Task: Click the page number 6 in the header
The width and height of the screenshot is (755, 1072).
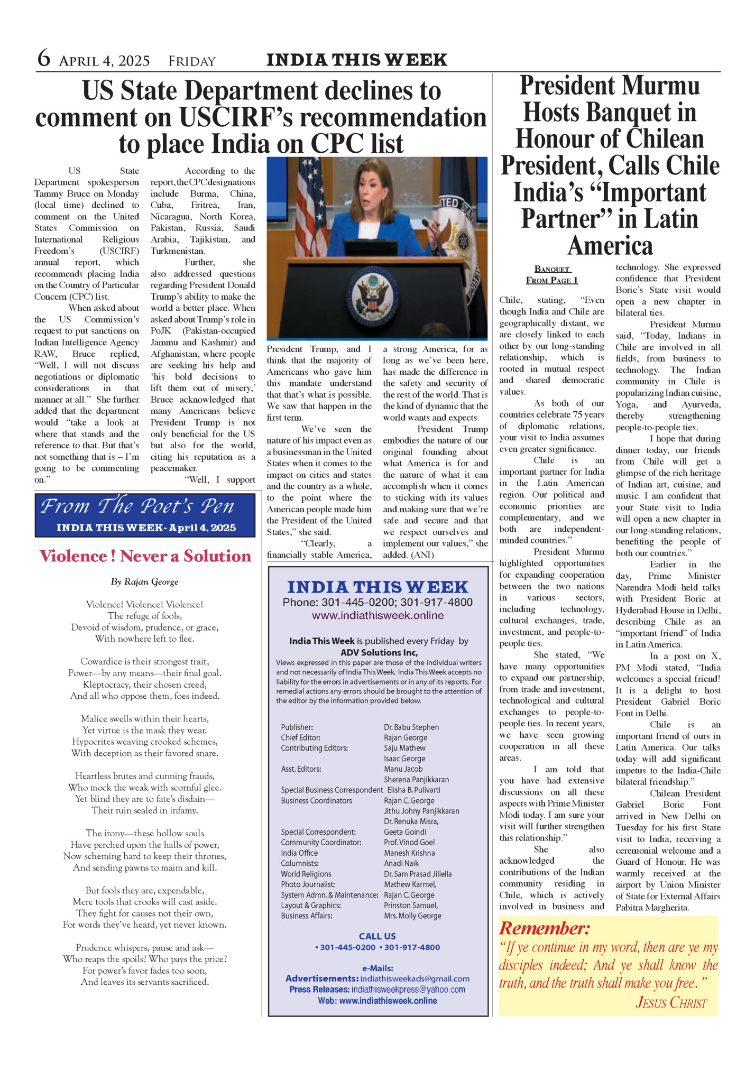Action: [44, 58]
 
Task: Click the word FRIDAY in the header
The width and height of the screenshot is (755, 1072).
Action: [192, 62]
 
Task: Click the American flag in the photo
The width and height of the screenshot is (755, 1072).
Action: [309, 206]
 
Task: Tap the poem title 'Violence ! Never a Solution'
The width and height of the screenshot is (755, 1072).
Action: [145, 556]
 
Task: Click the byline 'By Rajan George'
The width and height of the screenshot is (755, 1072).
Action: [144, 581]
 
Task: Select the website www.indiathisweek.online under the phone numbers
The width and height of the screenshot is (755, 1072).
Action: [377, 615]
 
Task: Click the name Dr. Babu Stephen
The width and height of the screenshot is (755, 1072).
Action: [411, 727]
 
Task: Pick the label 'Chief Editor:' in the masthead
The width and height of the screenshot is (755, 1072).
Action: [300, 737]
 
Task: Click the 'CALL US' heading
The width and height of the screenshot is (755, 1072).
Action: [377, 936]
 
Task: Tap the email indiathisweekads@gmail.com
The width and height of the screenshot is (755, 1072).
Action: [415, 978]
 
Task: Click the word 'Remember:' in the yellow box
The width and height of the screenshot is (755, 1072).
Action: [545, 928]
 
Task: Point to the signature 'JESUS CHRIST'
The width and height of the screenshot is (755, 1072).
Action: [671, 1002]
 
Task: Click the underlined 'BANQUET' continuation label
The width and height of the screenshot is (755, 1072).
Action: [552, 269]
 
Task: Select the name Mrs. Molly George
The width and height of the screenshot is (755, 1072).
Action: [412, 916]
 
